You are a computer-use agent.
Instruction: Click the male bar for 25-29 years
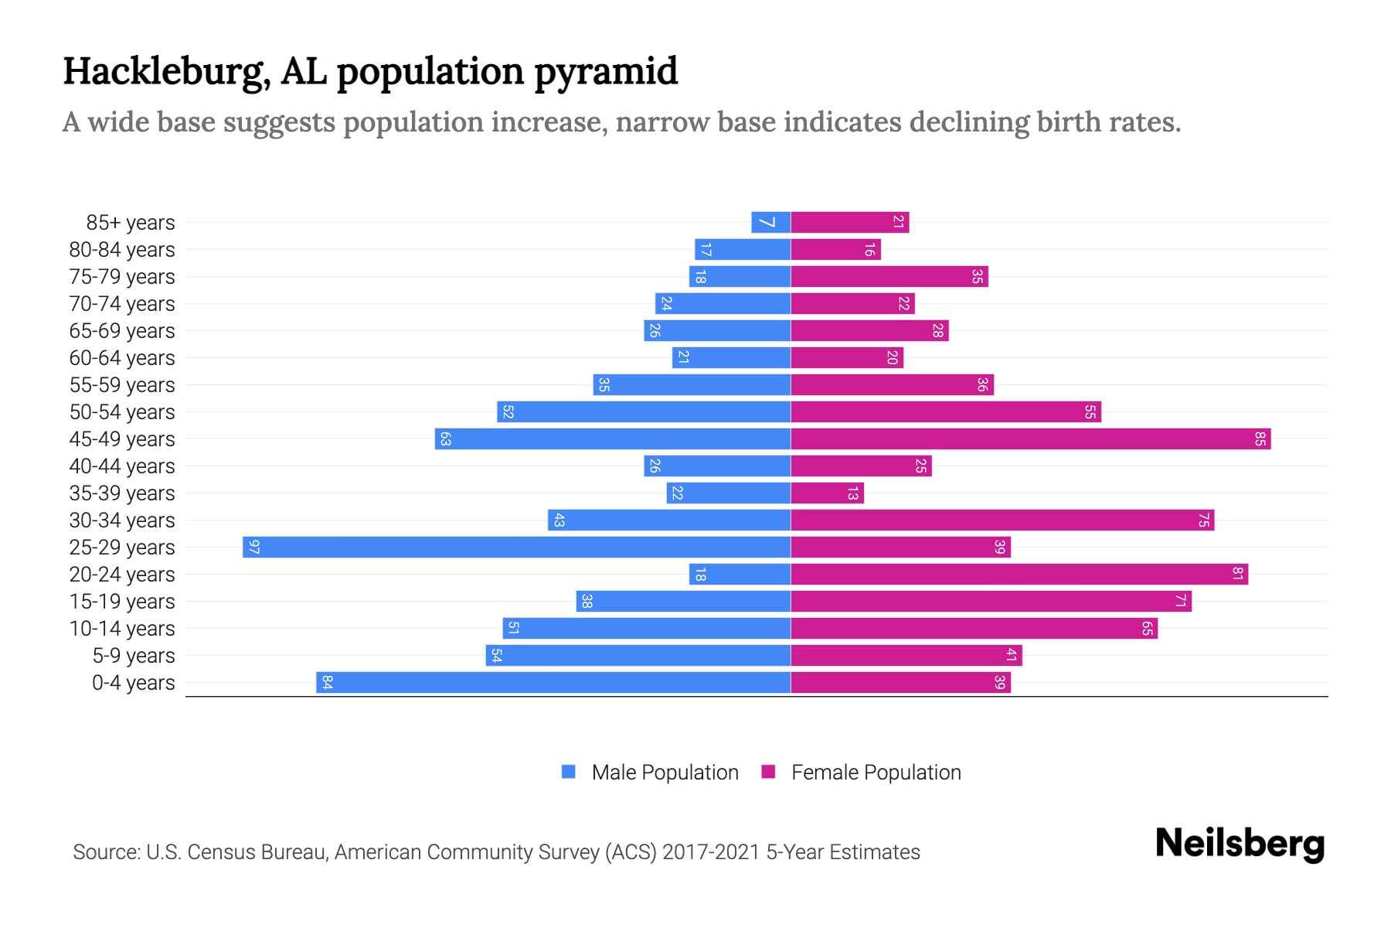coord(516,548)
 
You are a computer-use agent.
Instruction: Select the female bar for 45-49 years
coord(1030,439)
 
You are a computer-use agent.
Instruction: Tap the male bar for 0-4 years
coord(553,683)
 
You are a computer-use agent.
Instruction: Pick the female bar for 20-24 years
coord(1019,575)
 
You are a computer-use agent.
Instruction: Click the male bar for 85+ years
coord(771,223)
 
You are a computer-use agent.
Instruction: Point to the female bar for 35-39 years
coord(827,493)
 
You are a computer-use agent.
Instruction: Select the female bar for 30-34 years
coord(1002,520)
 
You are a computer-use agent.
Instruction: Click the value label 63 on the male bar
coord(445,439)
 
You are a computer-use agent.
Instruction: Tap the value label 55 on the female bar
coord(1090,412)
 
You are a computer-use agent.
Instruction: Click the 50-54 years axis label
coord(122,412)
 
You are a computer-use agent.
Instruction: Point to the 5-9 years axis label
coord(134,656)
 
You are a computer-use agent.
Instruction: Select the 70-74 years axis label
coord(122,304)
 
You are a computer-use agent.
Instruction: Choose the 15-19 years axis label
coord(122,602)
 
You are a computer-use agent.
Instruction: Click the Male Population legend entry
coord(664,773)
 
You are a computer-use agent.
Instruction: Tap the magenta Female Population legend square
coord(768,772)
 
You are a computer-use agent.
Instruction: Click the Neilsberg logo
coord(1240,844)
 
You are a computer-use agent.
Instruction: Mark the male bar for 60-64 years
coord(731,358)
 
